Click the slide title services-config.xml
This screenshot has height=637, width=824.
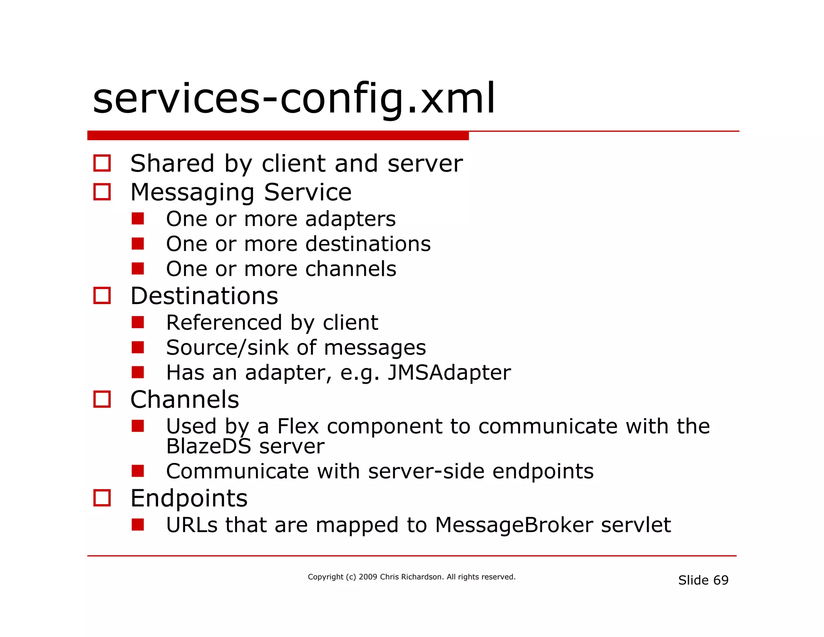(294, 99)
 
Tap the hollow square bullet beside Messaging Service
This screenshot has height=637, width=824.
(102, 192)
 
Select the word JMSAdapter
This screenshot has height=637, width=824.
(449, 372)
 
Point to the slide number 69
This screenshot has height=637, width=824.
(721, 580)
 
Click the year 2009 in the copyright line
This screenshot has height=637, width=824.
(368, 577)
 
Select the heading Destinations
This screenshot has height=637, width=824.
(204, 296)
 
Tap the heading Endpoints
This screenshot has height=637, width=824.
(189, 498)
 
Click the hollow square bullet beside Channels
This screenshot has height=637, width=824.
(102, 399)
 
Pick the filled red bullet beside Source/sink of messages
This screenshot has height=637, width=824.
(138, 347)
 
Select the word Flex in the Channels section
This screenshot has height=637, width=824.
(298, 426)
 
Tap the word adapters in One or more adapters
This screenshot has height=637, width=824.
(350, 219)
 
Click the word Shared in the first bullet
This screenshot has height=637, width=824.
(172, 164)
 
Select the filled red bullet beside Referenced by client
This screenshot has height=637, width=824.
(138, 322)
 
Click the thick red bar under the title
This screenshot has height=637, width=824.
(278, 136)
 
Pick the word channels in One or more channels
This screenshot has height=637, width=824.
(350, 269)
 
